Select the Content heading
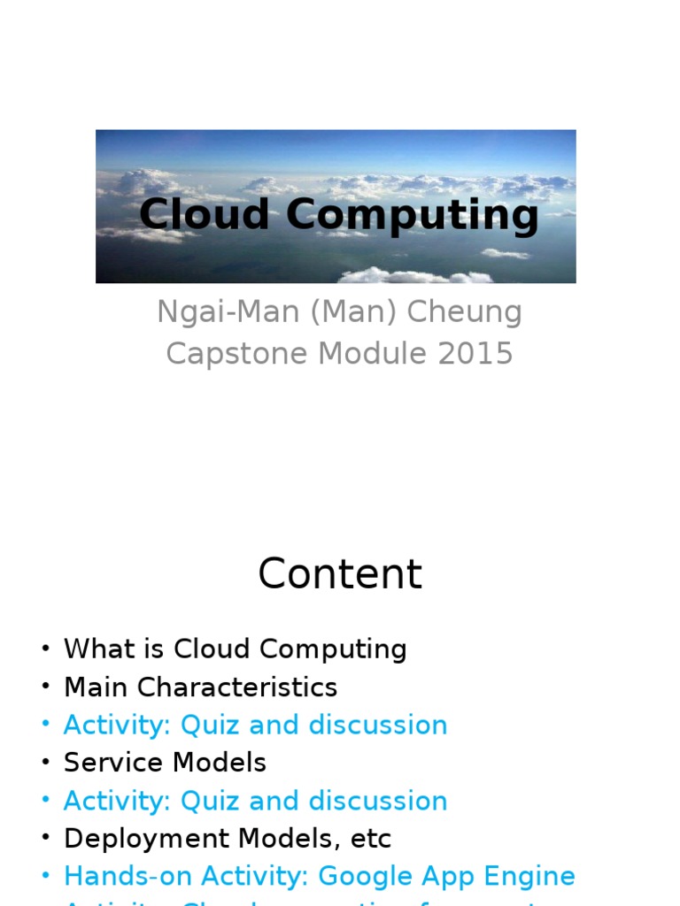tap(340, 574)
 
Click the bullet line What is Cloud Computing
tap(235, 649)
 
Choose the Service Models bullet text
tap(165, 763)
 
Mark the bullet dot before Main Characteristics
tap(45, 687)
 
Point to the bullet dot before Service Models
tap(45, 763)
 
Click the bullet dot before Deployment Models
tap(45, 839)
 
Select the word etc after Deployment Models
tap(369, 839)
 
